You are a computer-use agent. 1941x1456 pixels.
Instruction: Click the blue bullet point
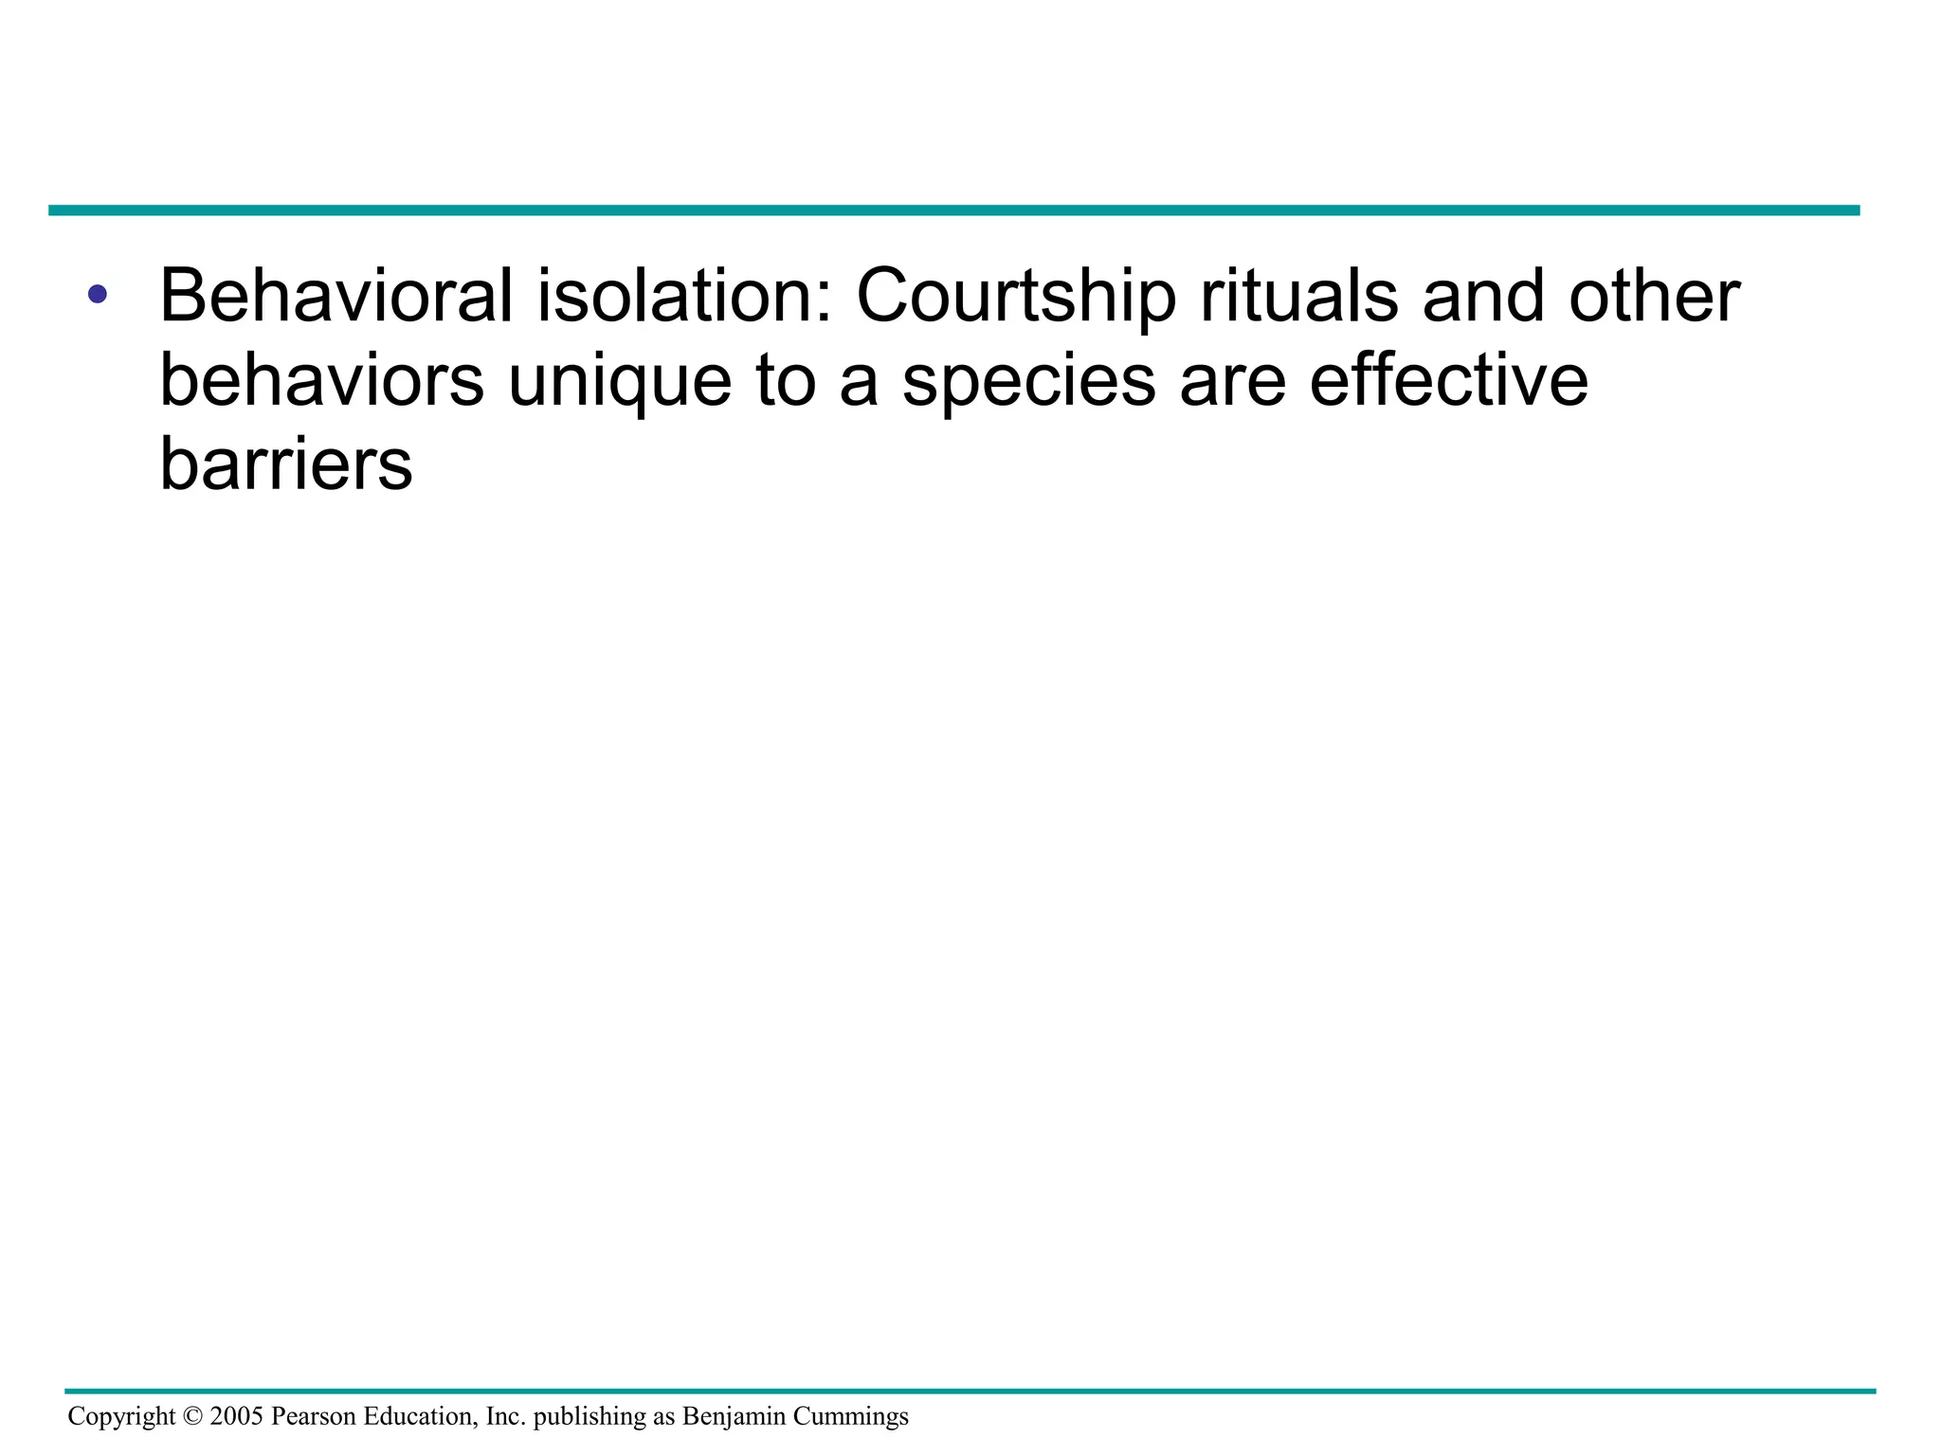[97, 294]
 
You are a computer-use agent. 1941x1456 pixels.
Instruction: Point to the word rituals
[1298, 296]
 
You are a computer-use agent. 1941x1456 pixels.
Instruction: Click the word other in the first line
[1654, 296]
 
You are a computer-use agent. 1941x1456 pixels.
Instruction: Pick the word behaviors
[322, 381]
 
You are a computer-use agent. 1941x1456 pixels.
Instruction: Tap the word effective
[1448, 381]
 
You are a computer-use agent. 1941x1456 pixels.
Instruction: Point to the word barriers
[286, 464]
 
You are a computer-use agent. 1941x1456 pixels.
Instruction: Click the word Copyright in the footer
[121, 1417]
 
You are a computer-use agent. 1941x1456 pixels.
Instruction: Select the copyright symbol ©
[192, 1417]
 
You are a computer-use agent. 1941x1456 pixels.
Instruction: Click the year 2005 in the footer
[236, 1417]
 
